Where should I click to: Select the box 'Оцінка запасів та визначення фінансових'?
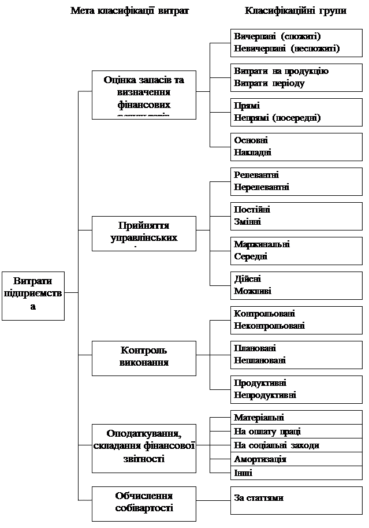(x=143, y=94)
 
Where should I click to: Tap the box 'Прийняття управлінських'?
(x=143, y=233)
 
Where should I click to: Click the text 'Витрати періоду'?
(x=269, y=83)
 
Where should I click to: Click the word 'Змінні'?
(x=247, y=222)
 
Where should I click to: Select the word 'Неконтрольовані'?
(x=269, y=326)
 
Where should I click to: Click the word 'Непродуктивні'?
(x=265, y=395)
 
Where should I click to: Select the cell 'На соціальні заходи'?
(x=276, y=445)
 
